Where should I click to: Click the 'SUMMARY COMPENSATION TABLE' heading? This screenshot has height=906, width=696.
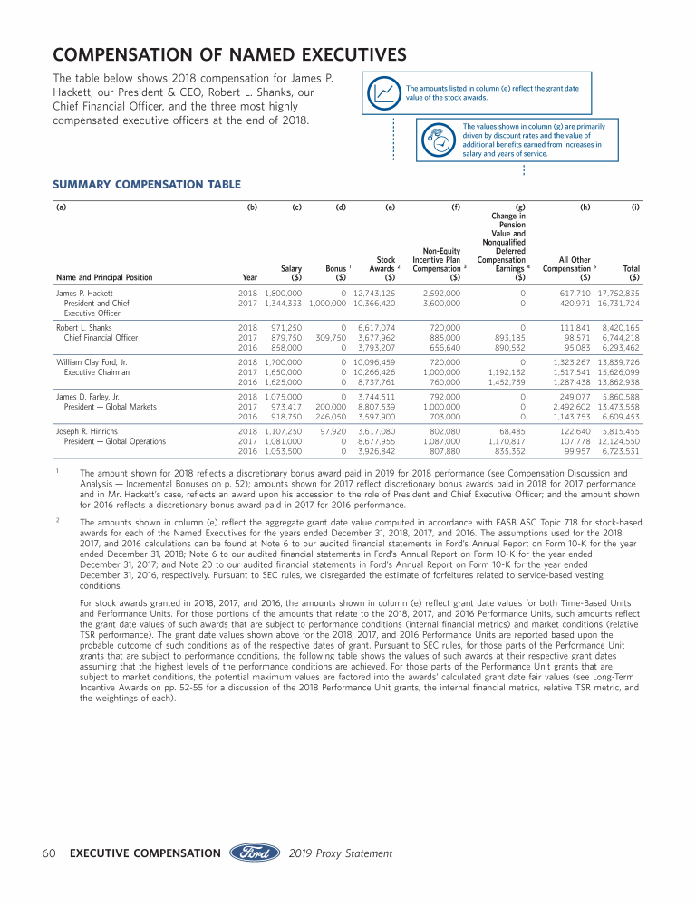coord(147,185)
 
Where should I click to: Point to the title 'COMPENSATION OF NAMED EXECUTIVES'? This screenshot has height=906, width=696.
coord(229,56)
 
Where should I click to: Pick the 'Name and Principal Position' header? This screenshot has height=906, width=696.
coord(104,277)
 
